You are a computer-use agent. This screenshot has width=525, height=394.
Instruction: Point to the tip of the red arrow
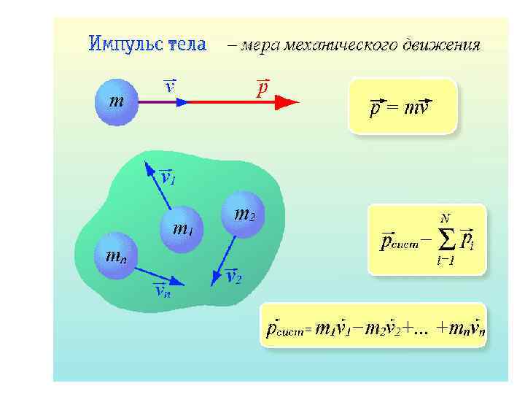coord(297,103)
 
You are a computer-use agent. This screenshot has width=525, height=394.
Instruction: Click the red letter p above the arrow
coord(262,88)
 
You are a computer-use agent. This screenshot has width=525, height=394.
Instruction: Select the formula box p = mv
coord(402,107)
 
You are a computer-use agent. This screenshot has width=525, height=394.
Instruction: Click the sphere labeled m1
coord(181,229)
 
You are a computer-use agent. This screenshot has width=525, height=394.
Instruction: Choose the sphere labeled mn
coord(115,255)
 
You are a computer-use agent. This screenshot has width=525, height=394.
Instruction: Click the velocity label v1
coord(167,177)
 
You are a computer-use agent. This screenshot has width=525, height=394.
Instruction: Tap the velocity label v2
coord(234,277)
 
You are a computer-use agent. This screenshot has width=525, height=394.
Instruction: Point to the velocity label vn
coord(162,290)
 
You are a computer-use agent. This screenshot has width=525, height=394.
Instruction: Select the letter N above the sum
coord(445,218)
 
